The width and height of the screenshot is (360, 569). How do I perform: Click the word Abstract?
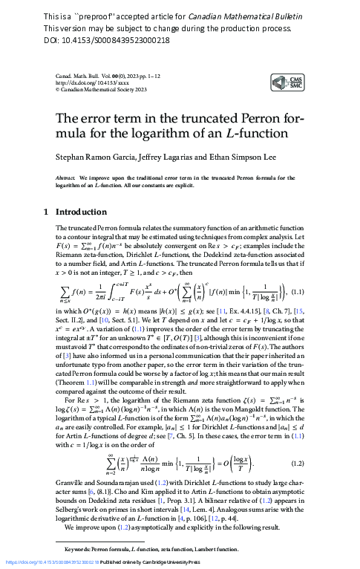[68, 179]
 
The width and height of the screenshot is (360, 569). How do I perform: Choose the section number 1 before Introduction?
[47, 212]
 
